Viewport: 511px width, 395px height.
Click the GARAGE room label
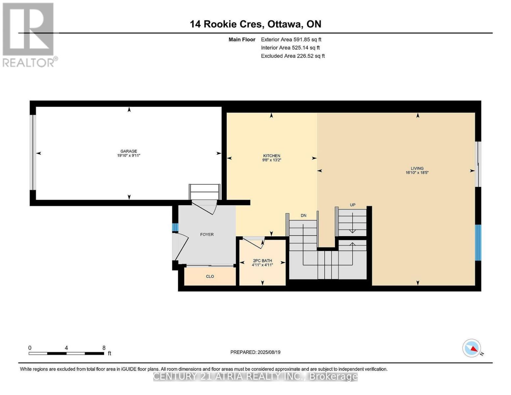tap(128, 151)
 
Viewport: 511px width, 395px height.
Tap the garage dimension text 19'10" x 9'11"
tap(128, 156)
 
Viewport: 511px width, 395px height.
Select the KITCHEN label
tap(271, 156)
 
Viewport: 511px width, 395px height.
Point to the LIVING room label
tap(417, 168)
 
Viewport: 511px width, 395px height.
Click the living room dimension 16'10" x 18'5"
tap(417, 172)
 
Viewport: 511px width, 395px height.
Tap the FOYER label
tap(207, 234)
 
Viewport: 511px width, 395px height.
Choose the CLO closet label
tap(210, 276)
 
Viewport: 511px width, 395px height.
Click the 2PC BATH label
tap(262, 261)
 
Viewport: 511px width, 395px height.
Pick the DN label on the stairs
tap(303, 216)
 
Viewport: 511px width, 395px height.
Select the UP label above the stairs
tap(352, 205)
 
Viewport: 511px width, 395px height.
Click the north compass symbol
tap(472, 348)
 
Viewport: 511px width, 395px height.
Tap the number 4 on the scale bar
tap(67, 348)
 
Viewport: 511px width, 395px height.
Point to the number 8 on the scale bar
tap(104, 348)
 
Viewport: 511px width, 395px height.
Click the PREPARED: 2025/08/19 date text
tap(255, 352)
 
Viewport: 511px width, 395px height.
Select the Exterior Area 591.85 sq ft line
tap(291, 39)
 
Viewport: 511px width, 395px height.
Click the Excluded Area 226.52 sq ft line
tap(293, 56)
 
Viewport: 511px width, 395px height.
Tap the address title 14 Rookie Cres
tap(226, 24)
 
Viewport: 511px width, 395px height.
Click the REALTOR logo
tap(29, 35)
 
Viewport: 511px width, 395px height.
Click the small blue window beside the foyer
tap(175, 227)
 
